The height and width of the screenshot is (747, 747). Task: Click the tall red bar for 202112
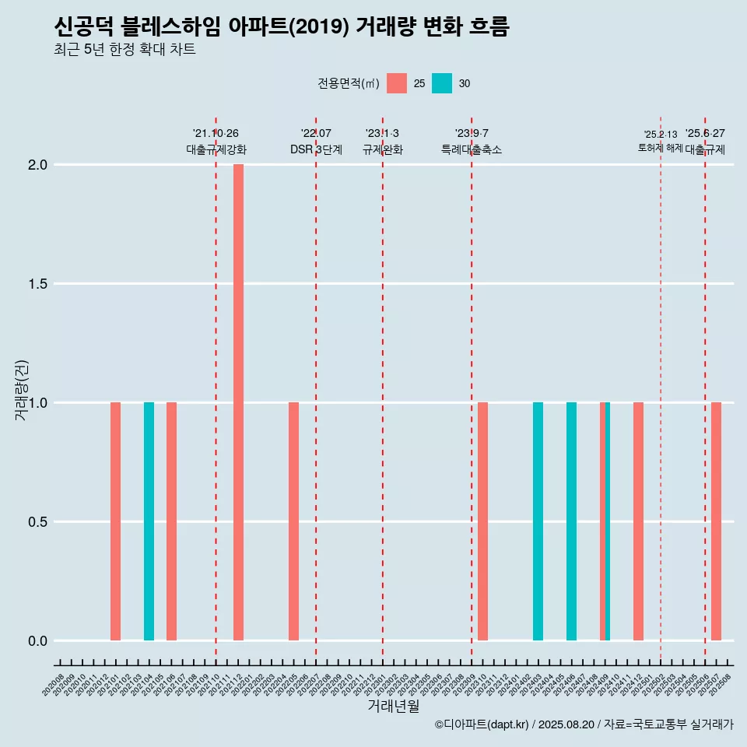coord(238,402)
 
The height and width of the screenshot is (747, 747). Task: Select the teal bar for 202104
coord(149,521)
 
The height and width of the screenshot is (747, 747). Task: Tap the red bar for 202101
coord(115,521)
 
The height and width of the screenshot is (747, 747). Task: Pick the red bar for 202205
coord(293,521)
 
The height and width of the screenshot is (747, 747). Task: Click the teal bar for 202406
coord(571,521)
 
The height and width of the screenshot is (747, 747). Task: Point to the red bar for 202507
coord(716,521)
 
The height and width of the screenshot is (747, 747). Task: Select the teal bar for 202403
coord(538,521)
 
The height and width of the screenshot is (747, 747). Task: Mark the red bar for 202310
coord(482,521)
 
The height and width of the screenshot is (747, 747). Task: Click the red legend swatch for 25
coord(397,83)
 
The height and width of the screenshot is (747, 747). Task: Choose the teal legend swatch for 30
coord(442,83)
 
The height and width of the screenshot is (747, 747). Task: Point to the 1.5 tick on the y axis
coord(37,284)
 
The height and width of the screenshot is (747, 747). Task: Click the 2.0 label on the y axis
coord(37,165)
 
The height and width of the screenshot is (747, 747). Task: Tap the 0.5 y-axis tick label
coord(37,522)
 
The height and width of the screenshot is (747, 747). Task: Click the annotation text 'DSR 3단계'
coord(316,149)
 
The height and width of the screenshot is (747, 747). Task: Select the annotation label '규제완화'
coord(382,149)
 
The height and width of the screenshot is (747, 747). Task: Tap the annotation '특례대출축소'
coord(471,149)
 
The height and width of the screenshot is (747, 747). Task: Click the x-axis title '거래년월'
coord(393,707)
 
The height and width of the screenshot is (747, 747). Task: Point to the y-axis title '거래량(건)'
coord(22,390)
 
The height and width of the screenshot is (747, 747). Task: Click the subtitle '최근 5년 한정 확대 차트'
coord(124,50)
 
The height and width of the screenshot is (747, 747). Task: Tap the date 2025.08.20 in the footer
coord(566,724)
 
